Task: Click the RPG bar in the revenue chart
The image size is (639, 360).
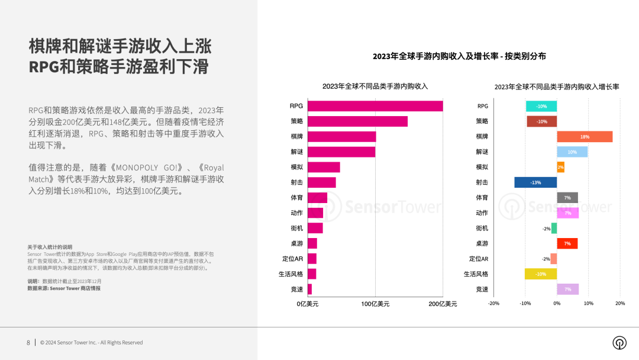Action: pos(376,106)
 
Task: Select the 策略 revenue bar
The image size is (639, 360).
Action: pos(358,121)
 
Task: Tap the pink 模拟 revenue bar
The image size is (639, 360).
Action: pos(324,167)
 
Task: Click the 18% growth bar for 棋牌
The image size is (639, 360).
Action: pos(584,137)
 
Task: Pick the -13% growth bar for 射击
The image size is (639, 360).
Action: pos(535,182)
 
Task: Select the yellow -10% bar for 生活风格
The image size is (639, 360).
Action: pos(541,274)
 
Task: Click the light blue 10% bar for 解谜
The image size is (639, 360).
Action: pos(572,152)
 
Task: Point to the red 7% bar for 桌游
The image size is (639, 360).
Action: pos(567,243)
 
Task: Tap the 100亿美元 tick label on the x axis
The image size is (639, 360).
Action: pos(376,304)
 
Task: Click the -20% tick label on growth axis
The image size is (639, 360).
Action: pos(493,303)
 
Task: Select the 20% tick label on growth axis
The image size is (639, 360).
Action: pos(619,303)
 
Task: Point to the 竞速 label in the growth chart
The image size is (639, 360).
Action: pos(482,290)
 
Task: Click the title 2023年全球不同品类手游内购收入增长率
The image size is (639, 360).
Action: pos(556,86)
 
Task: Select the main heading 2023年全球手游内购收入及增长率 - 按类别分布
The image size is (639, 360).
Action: pos(459,56)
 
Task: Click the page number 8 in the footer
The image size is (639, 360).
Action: pos(28,342)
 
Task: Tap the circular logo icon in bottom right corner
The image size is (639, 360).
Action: pos(619,343)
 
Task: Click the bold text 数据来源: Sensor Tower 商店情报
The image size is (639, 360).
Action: pos(64,288)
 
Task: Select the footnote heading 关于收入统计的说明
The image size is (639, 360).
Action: pos(50,247)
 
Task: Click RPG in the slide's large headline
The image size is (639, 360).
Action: pos(44,66)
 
